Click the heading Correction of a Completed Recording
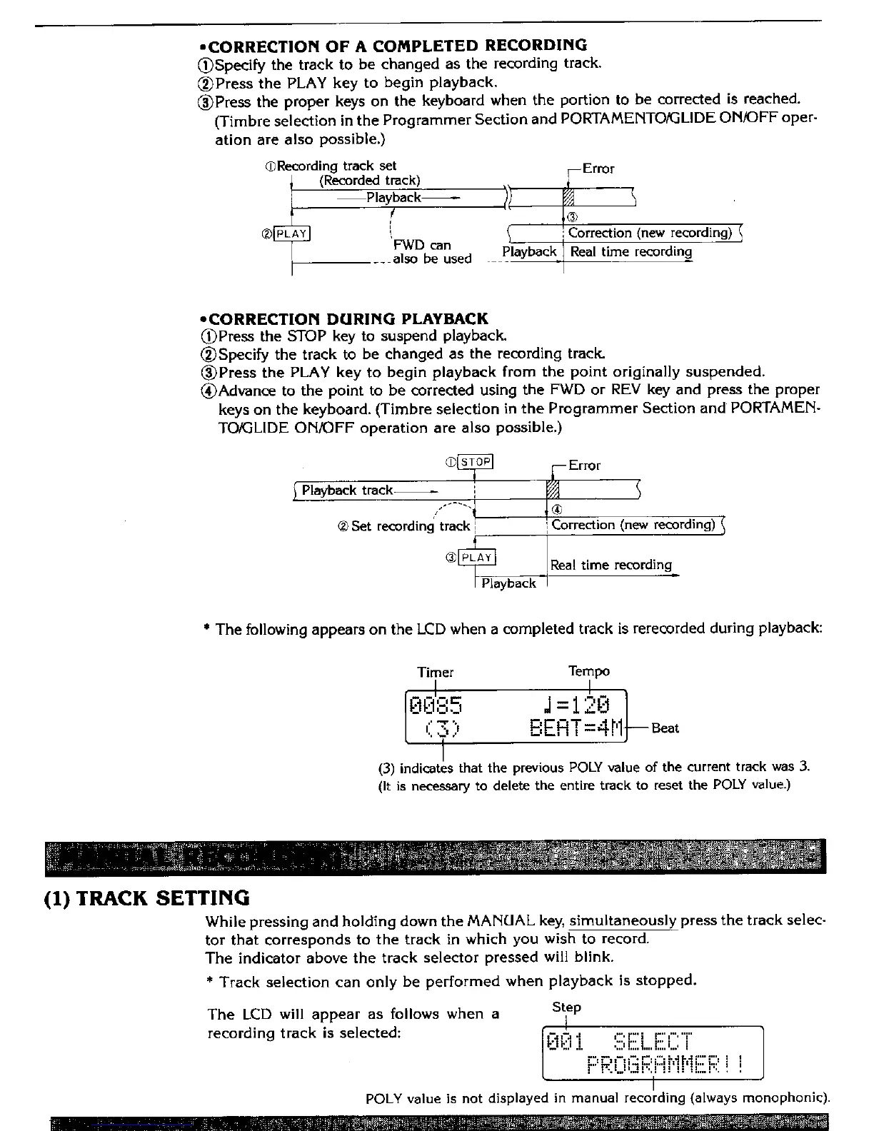pyautogui.click(x=393, y=46)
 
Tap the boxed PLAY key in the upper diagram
pyautogui.click(x=291, y=233)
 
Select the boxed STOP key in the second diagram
pyautogui.click(x=475, y=461)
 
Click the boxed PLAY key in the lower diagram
pyautogui.click(x=476, y=558)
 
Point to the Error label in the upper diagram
pyautogui.click(x=598, y=169)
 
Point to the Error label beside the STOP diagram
pyautogui.click(x=584, y=466)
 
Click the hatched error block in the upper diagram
pyautogui.click(x=568, y=197)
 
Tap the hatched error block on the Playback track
pyautogui.click(x=553, y=490)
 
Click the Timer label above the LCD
pyautogui.click(x=435, y=672)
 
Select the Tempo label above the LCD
pyautogui.click(x=589, y=671)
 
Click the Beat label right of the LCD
pyautogui.click(x=665, y=728)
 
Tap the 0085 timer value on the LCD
pyautogui.click(x=436, y=705)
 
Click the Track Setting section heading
pyautogui.click(x=147, y=898)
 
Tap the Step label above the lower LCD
pyautogui.click(x=566, y=1007)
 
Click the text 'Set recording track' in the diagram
pyautogui.click(x=411, y=526)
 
